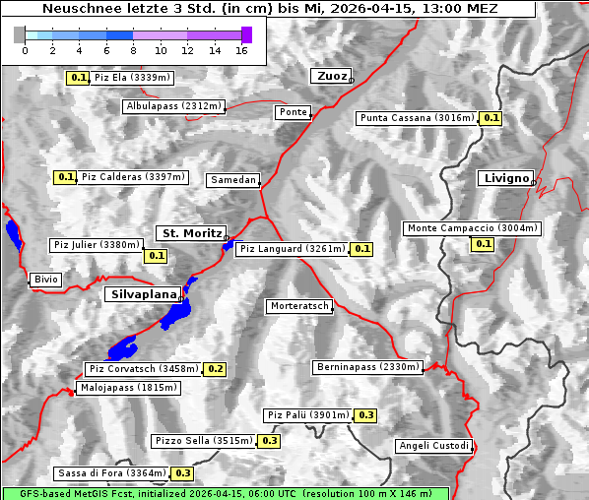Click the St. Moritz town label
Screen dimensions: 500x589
pyautogui.click(x=190, y=233)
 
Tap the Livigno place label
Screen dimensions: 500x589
pyautogui.click(x=505, y=178)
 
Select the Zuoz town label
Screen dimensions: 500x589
pyautogui.click(x=330, y=76)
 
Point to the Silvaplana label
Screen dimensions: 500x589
pyautogui.click(x=143, y=293)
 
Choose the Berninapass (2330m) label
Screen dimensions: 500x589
pyautogui.click(x=368, y=367)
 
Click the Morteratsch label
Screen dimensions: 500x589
pyautogui.click(x=299, y=306)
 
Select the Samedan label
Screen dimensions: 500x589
pyautogui.click(x=233, y=180)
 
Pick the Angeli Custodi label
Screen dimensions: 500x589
pyautogui.click(x=433, y=446)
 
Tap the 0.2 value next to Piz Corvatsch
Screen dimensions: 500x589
pyautogui.click(x=216, y=369)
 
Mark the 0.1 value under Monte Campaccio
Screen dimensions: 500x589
pyautogui.click(x=483, y=244)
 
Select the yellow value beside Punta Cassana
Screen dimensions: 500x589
pyautogui.click(x=491, y=118)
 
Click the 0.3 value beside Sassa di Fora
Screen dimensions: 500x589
pyautogui.click(x=182, y=473)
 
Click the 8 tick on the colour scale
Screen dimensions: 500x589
pyautogui.click(x=133, y=50)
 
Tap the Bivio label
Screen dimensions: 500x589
pyautogui.click(x=46, y=280)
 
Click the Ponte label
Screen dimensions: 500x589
pyautogui.click(x=293, y=112)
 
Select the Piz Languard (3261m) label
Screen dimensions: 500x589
pyautogui.click(x=293, y=249)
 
